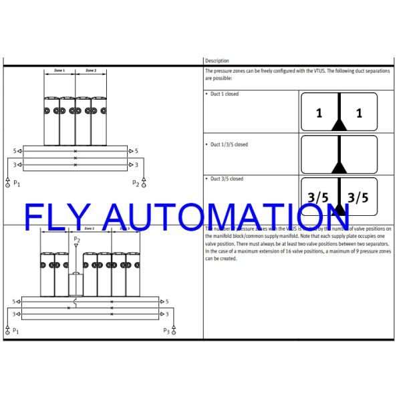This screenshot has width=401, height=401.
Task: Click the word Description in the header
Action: point(217,61)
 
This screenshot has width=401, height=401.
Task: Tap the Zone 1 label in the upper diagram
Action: point(59,70)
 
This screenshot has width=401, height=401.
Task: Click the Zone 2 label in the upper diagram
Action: point(91,70)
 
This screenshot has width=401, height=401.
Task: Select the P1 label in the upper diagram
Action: point(17,182)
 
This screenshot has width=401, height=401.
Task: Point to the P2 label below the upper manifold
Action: point(136,182)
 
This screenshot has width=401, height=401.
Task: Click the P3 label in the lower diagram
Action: point(166,330)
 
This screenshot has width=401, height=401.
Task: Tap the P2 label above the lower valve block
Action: point(77,239)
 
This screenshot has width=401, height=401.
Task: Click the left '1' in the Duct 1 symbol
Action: point(319,114)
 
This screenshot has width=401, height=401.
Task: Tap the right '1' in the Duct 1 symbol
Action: point(359,114)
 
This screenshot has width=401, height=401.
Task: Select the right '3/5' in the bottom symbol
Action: point(358,197)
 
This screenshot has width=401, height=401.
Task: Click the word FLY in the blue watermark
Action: point(56,217)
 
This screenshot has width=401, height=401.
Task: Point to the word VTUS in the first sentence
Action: point(311,70)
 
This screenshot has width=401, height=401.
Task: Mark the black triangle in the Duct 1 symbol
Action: point(340,124)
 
